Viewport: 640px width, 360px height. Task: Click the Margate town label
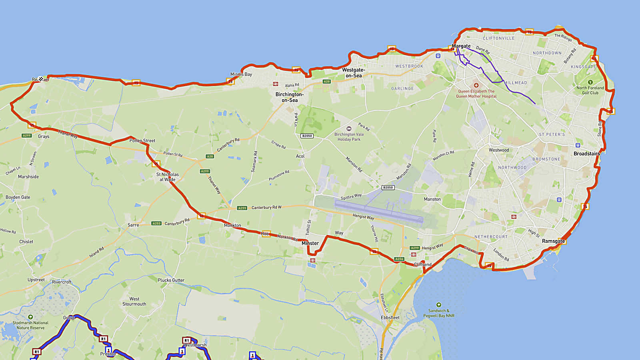[461, 46]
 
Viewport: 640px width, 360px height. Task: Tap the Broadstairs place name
[586, 154]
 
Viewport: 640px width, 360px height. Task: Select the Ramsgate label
[553, 241]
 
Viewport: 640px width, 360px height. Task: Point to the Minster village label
[310, 243]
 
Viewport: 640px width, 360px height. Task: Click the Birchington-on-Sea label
[289, 97]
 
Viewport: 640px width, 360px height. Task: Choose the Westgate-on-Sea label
[353, 73]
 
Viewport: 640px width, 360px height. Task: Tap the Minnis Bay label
[241, 74]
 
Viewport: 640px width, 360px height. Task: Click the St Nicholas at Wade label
[167, 177]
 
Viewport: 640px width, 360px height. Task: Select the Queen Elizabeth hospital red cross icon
[476, 85]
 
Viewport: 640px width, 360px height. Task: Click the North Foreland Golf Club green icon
[590, 82]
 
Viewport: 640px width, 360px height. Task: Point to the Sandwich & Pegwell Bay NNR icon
[439, 305]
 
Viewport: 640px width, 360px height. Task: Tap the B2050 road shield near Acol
[307, 136]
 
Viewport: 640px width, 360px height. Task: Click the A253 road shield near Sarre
[156, 224]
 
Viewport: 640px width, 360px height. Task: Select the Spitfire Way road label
[351, 197]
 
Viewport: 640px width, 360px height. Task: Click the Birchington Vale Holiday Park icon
[349, 129]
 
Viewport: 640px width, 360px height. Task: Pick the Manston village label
[432, 199]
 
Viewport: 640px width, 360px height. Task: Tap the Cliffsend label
[422, 265]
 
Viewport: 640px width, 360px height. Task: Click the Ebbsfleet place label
[390, 318]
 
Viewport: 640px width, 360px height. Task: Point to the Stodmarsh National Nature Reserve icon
[30, 317]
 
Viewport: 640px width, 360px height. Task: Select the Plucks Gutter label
[171, 280]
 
